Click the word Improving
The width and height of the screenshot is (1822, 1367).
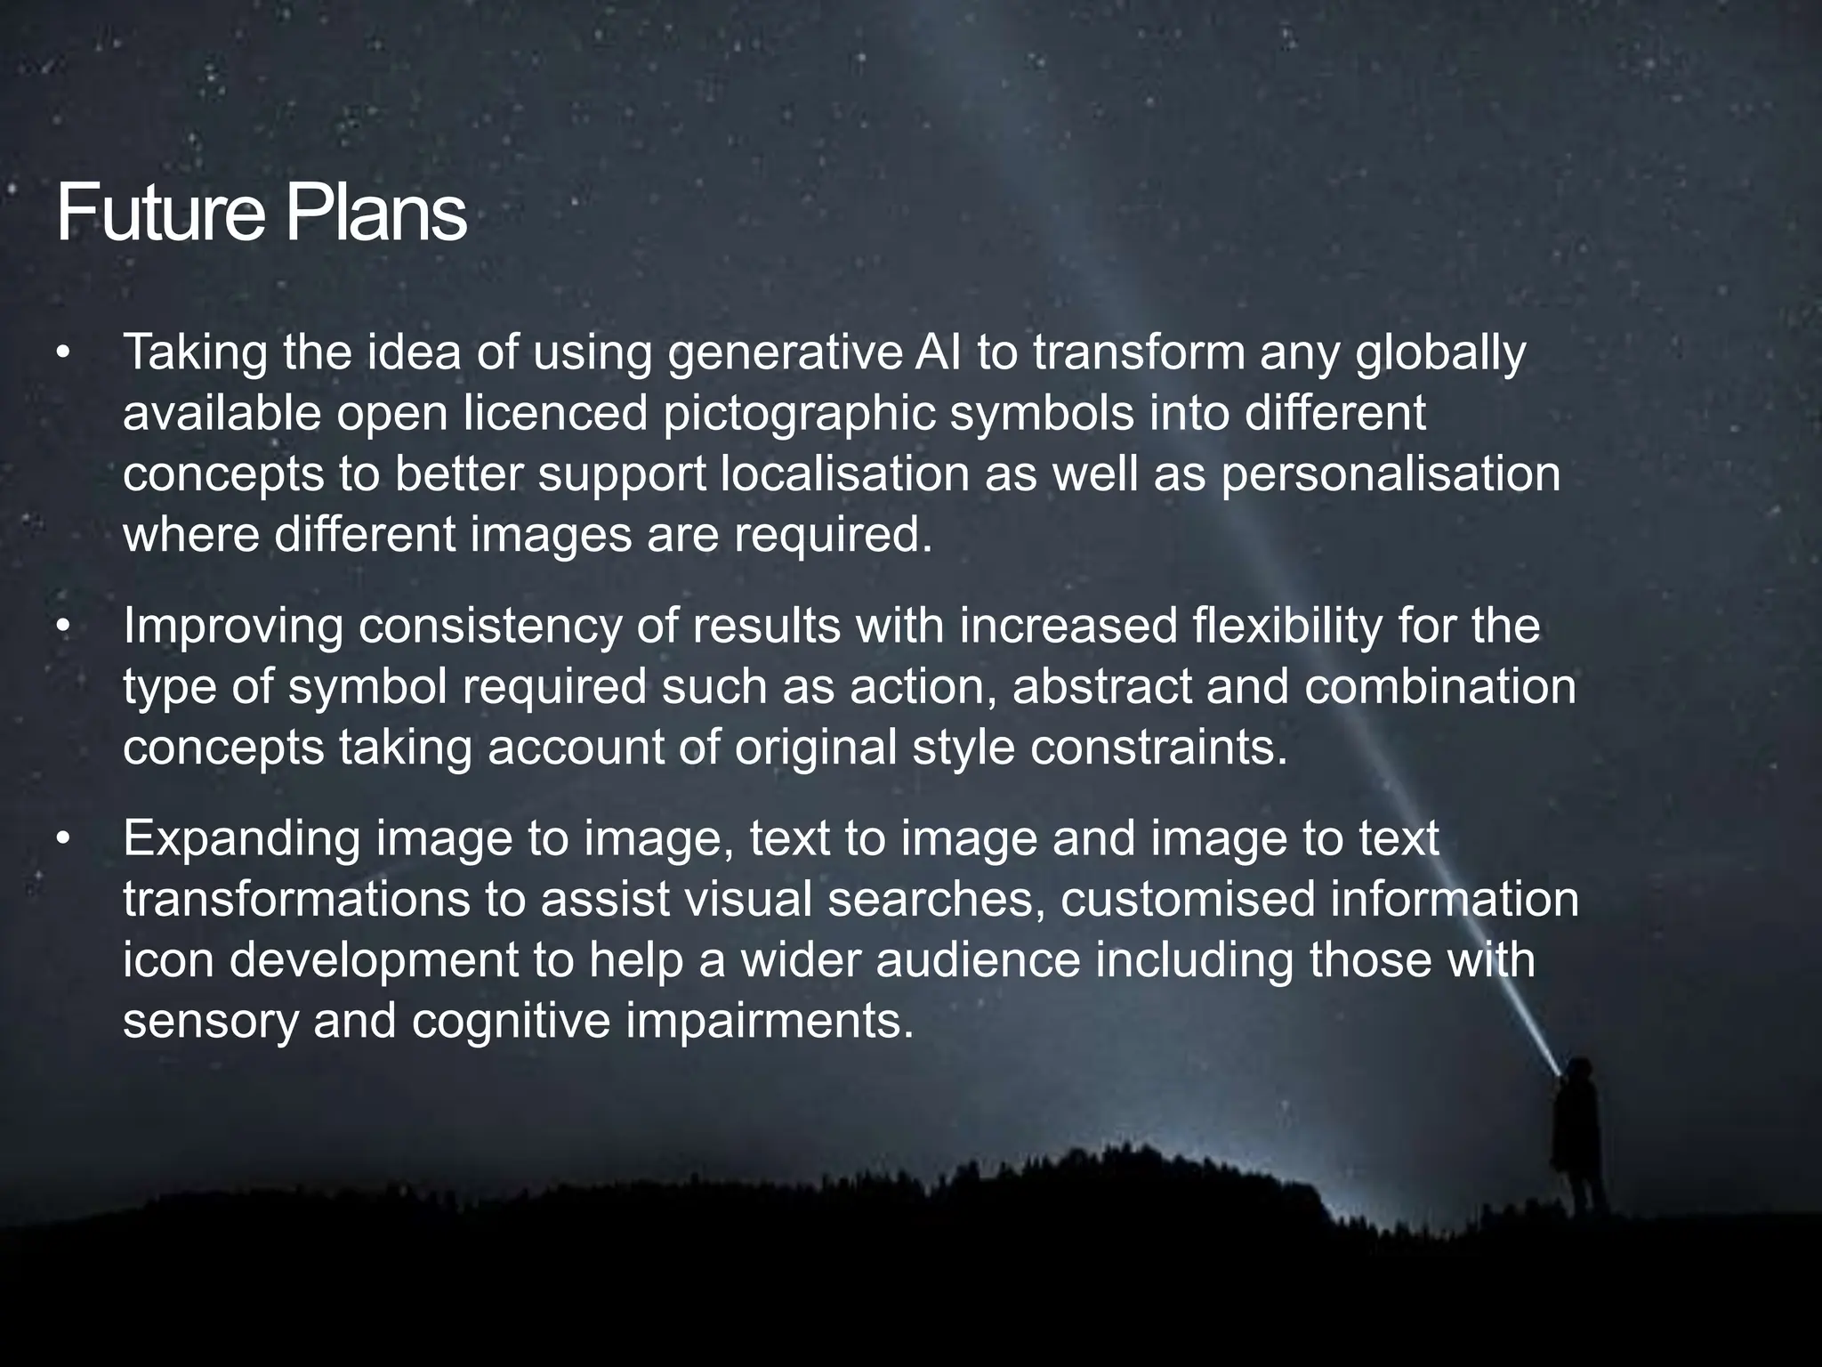point(233,627)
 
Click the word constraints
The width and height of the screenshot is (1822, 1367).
point(1159,748)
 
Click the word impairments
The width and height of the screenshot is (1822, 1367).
point(770,1020)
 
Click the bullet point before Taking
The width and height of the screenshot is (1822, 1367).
point(61,354)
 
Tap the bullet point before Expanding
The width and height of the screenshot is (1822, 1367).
point(61,840)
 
